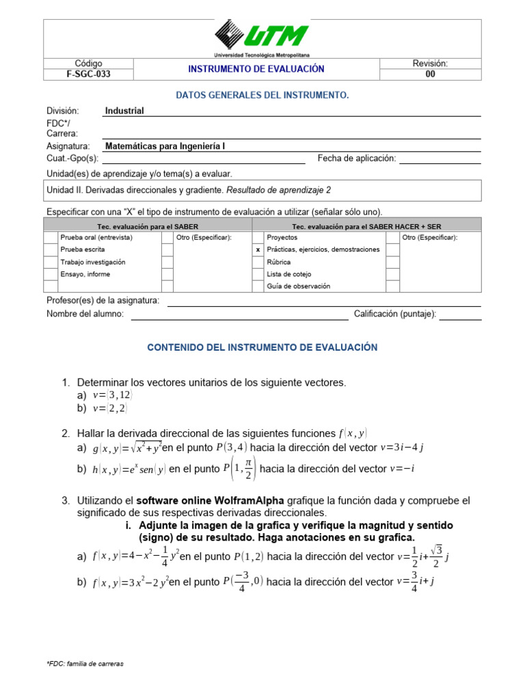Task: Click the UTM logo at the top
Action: [262, 37]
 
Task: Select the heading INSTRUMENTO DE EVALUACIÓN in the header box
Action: [256, 69]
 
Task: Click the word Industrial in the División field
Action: [124, 111]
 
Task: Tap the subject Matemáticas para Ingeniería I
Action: [165, 146]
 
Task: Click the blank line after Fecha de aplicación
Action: [440, 159]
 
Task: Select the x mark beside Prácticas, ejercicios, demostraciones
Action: [258, 250]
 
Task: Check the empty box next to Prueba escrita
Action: [51, 250]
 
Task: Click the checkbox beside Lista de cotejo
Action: [258, 274]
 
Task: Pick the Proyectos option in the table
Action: [282, 237]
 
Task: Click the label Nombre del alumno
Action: [85, 314]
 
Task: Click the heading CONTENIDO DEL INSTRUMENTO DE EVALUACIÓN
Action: [262, 347]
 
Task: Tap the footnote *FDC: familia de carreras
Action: [85, 664]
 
